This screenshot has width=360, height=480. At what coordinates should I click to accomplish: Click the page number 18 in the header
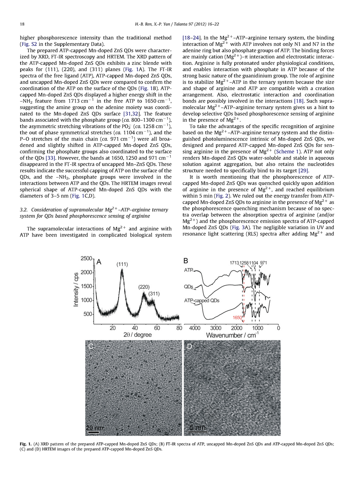(22, 24)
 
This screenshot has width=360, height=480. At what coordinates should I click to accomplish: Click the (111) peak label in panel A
(122, 264)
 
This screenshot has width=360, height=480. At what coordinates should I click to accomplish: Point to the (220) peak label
(144, 287)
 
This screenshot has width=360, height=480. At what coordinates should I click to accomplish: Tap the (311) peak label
(154, 293)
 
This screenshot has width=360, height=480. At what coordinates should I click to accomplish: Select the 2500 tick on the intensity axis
(86, 259)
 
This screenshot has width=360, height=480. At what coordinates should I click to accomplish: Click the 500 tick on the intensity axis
(88, 314)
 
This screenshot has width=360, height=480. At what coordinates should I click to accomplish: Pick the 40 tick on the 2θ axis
(135, 328)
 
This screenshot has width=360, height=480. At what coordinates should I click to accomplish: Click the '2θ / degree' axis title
(138, 335)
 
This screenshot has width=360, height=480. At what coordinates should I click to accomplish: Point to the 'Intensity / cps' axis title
(76, 290)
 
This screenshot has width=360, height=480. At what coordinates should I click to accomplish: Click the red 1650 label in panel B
(237, 318)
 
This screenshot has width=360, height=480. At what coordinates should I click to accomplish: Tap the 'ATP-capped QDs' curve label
(202, 301)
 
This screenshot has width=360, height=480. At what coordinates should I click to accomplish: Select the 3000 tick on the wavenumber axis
(216, 328)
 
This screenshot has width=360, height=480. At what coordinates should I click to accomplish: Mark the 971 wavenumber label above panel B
(264, 263)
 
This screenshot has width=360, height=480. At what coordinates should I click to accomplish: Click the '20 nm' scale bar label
(95, 428)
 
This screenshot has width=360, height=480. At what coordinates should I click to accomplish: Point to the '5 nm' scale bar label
(198, 428)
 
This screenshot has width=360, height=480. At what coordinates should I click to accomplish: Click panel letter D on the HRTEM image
(189, 346)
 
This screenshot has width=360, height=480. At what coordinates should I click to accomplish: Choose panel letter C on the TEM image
(91, 346)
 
